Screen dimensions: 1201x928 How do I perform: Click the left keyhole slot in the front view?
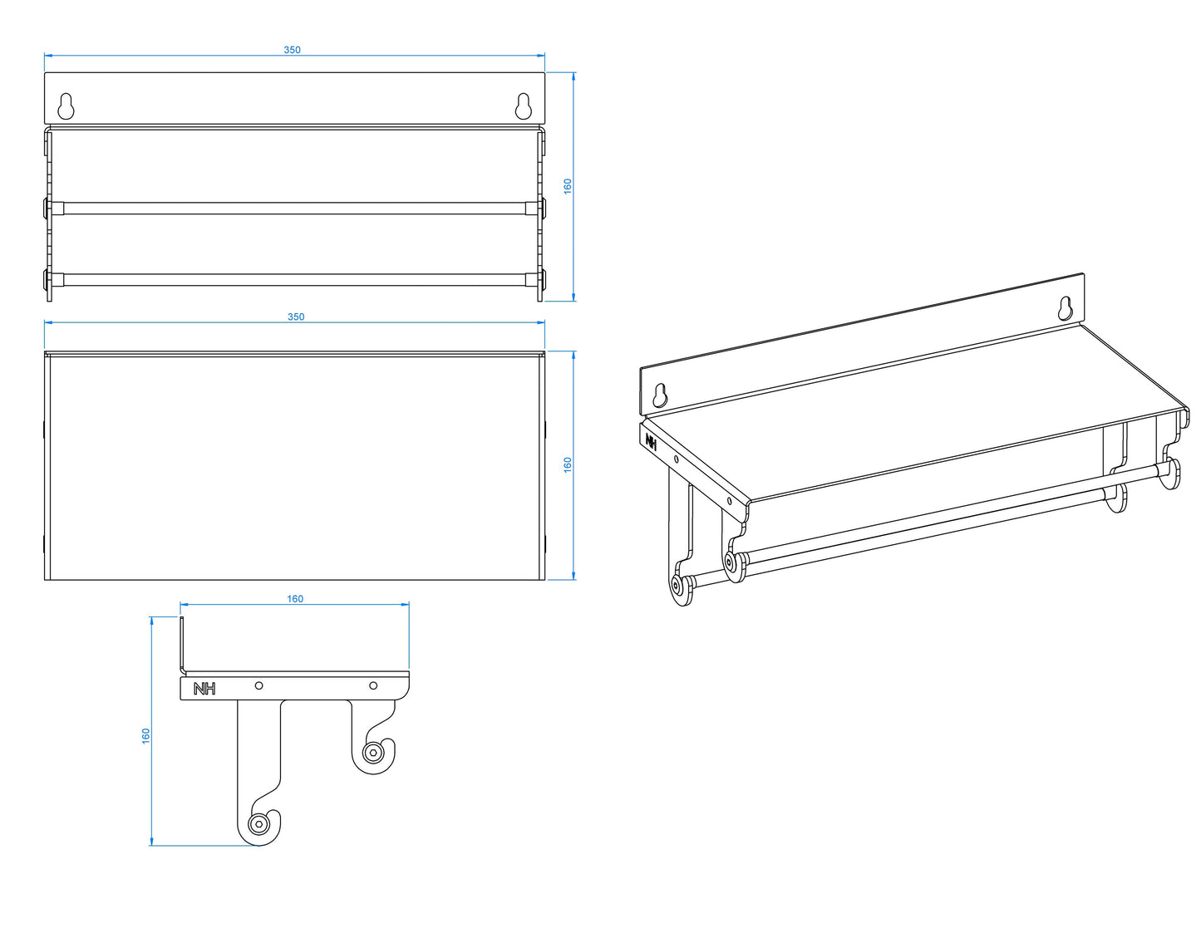tap(66, 106)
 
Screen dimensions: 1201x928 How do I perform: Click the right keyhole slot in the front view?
tap(524, 106)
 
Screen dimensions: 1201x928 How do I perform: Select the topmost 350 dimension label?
tap(292, 50)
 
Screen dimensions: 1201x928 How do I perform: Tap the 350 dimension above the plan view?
tap(296, 317)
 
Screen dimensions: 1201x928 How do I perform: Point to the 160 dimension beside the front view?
tap(568, 186)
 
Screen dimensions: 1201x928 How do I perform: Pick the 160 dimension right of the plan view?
tap(568, 464)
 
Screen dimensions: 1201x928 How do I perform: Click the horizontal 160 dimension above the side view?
tap(295, 599)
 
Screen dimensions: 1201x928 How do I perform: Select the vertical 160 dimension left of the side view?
tap(146, 736)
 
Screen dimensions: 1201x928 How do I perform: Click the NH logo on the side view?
tap(204, 689)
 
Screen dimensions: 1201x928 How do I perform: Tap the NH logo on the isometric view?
tap(652, 442)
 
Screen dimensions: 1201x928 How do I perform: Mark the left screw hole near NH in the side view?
tap(258, 685)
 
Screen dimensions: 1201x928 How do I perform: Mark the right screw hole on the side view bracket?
tap(373, 685)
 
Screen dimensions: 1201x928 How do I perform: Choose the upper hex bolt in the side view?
tap(372, 753)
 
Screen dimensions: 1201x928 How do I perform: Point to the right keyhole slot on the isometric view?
tap(1066, 309)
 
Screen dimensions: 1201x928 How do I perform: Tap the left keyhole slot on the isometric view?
tap(660, 395)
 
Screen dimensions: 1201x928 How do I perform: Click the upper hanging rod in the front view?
tap(295, 209)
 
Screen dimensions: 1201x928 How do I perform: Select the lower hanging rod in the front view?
tap(295, 279)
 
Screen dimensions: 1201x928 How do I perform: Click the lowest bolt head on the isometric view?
tap(677, 585)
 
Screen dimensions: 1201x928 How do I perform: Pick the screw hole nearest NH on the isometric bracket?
tap(677, 459)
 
